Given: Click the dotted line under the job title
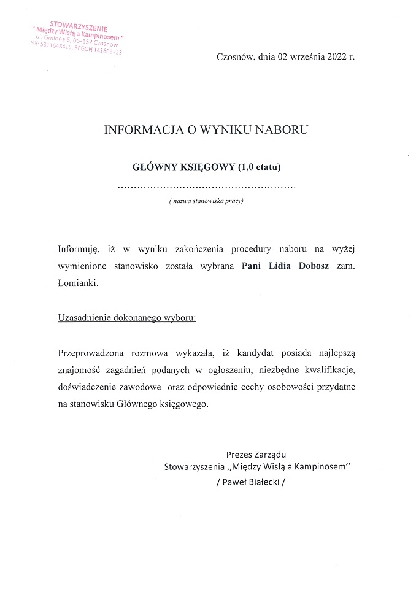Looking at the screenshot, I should coord(206,185).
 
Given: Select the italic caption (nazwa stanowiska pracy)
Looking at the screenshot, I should coord(206,201).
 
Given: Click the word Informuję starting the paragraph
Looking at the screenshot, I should coord(78,248).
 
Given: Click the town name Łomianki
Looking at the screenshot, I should coord(77,284).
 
